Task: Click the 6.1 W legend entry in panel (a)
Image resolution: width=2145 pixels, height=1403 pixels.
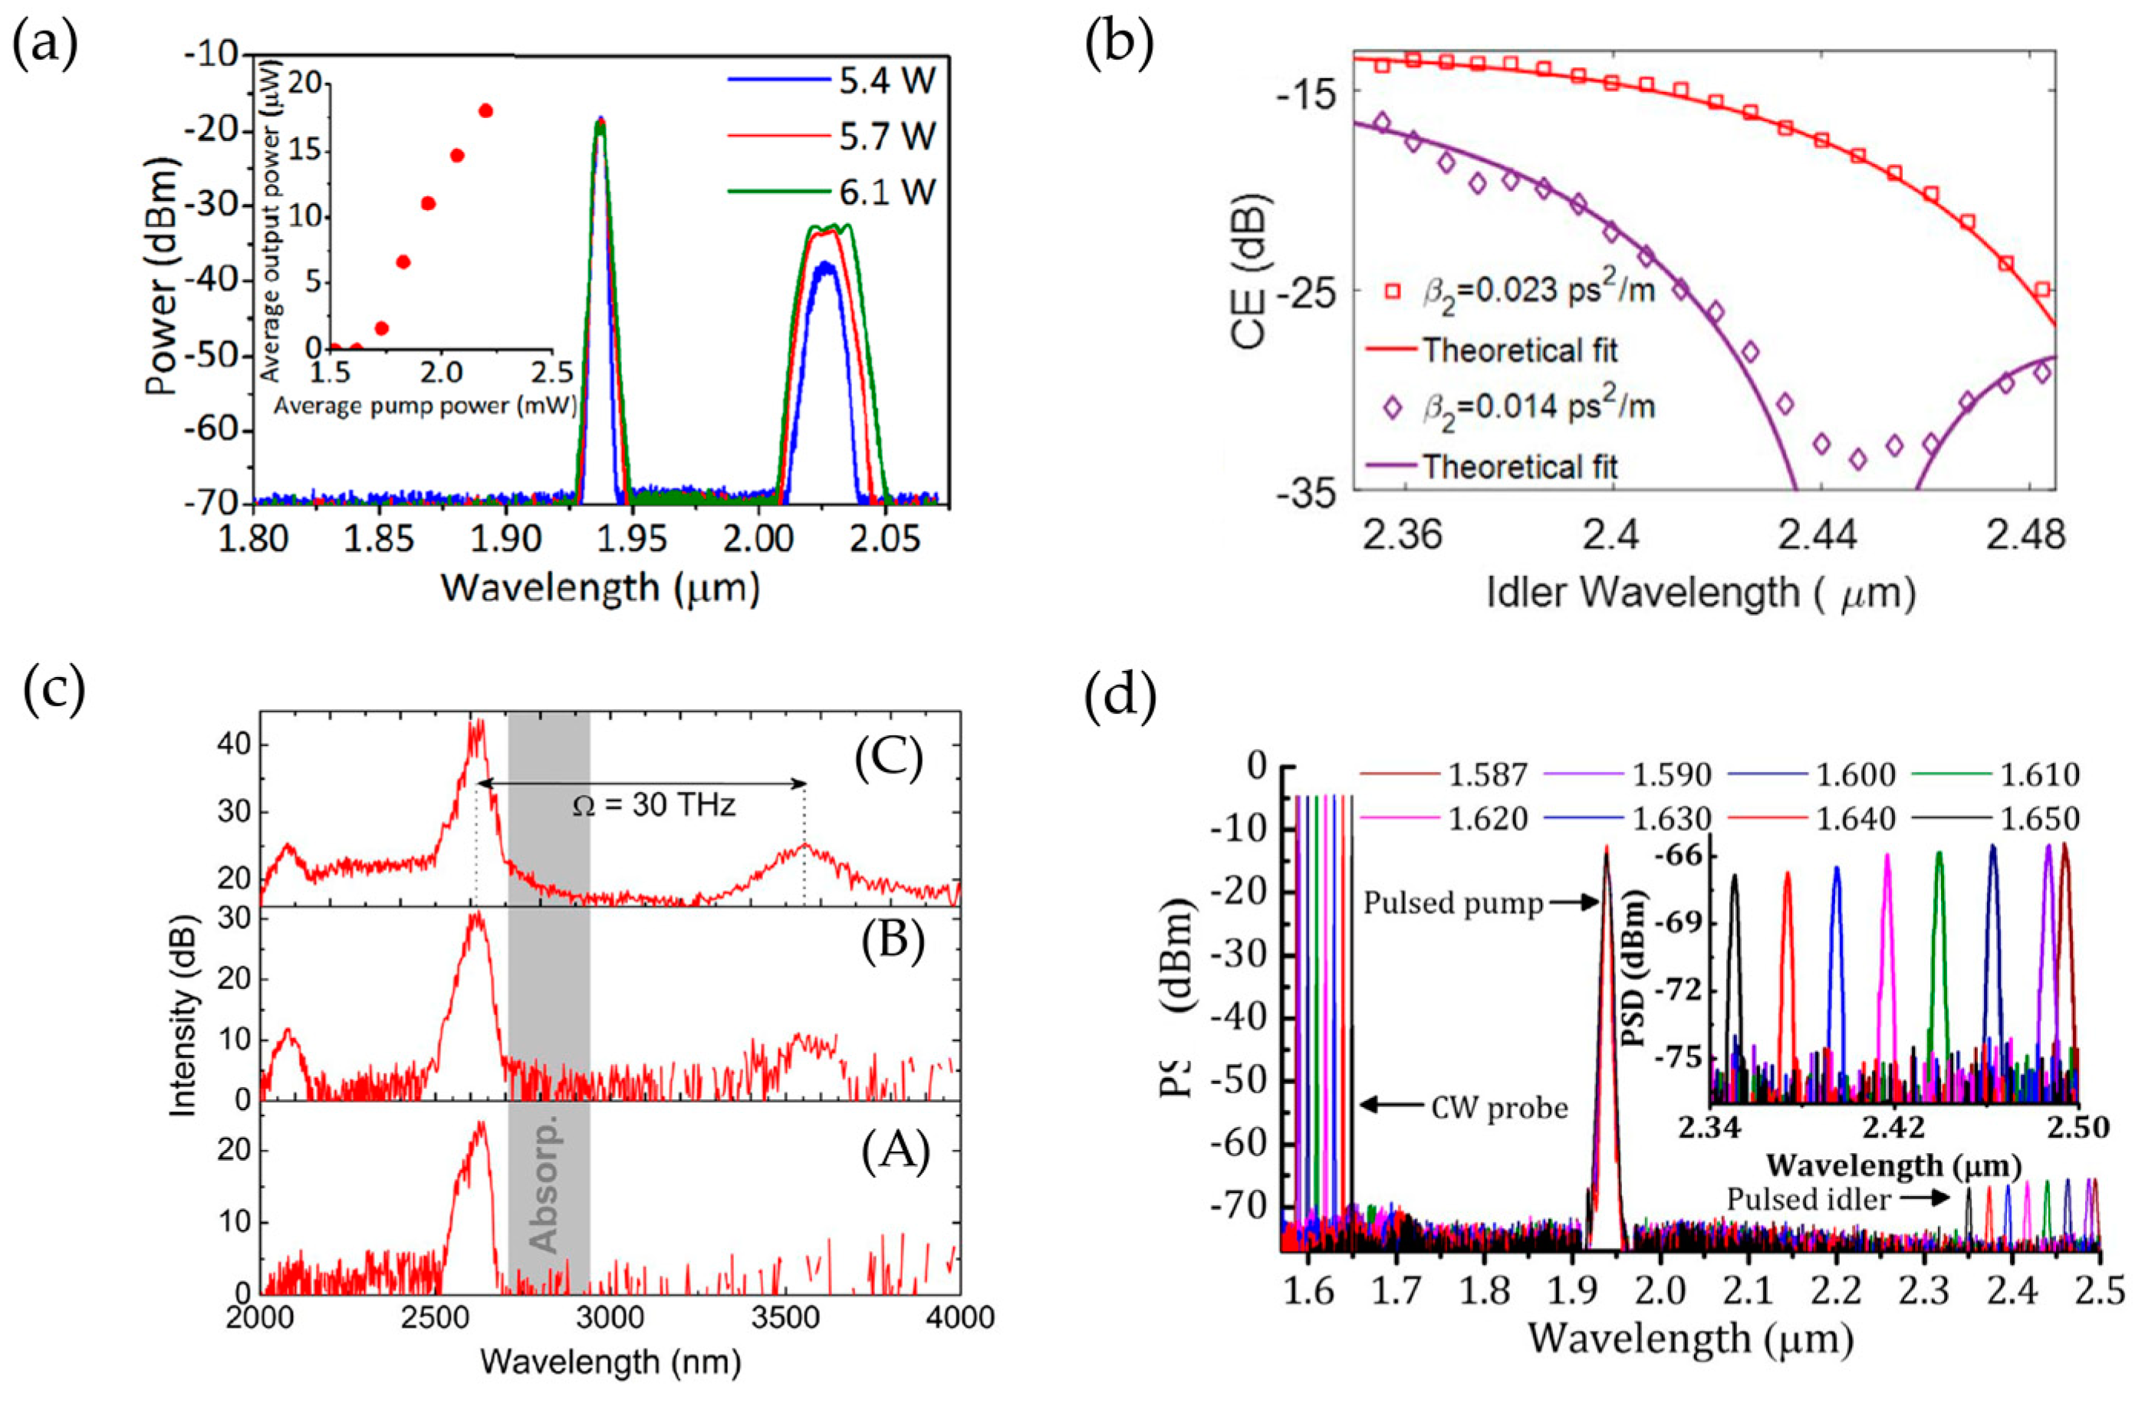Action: pos(888,192)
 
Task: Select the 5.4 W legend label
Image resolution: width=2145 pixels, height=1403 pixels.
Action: pos(888,83)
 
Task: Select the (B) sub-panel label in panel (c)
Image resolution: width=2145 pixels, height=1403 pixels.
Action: pos(891,944)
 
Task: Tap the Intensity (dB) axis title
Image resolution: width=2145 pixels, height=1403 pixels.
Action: pos(185,1030)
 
